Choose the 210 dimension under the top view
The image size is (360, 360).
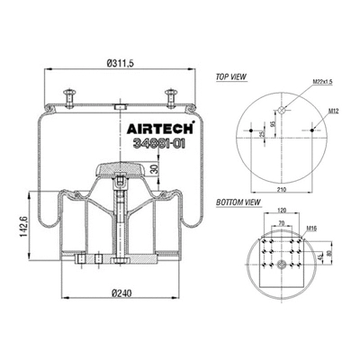pyautogui.click(x=281, y=191)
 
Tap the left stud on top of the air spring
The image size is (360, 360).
pyautogui.click(x=70, y=94)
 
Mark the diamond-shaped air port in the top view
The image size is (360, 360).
pyautogui.click(x=282, y=110)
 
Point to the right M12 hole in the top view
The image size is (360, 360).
pyautogui.click(x=313, y=131)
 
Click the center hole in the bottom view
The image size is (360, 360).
pyautogui.click(x=281, y=264)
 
